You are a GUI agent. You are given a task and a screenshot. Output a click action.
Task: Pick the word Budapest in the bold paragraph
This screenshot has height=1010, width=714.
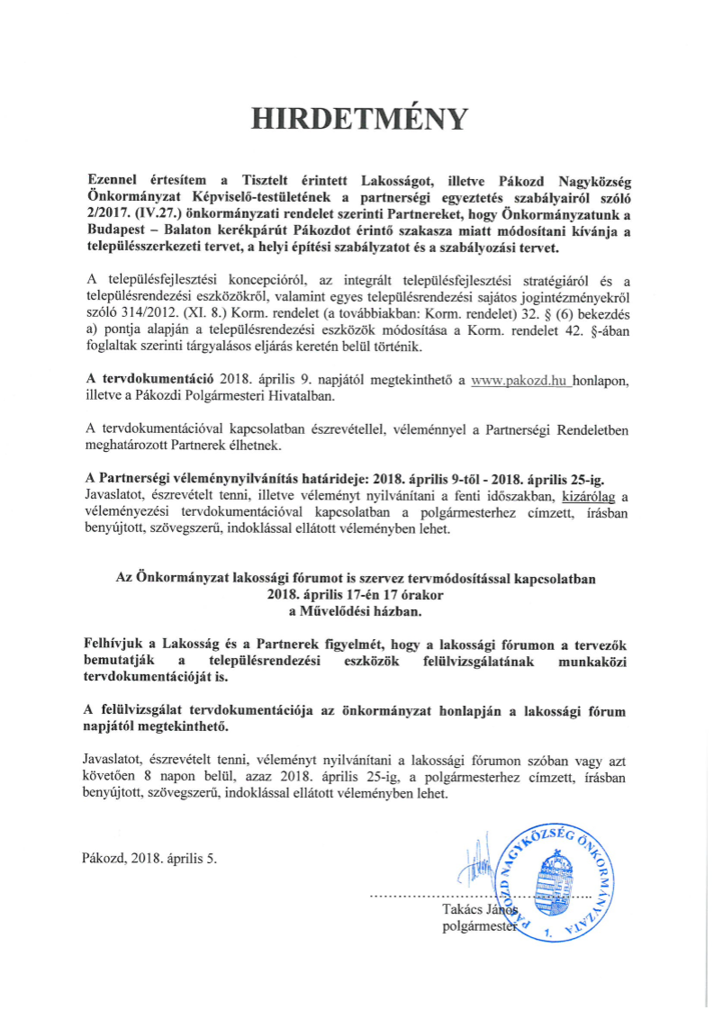tap(113, 230)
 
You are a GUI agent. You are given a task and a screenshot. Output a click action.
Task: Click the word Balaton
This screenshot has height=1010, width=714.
tap(185, 230)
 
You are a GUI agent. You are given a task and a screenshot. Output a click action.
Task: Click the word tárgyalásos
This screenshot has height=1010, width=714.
tap(235, 346)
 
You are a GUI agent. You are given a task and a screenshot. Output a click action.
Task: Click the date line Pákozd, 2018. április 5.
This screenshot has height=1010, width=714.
tap(149, 858)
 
